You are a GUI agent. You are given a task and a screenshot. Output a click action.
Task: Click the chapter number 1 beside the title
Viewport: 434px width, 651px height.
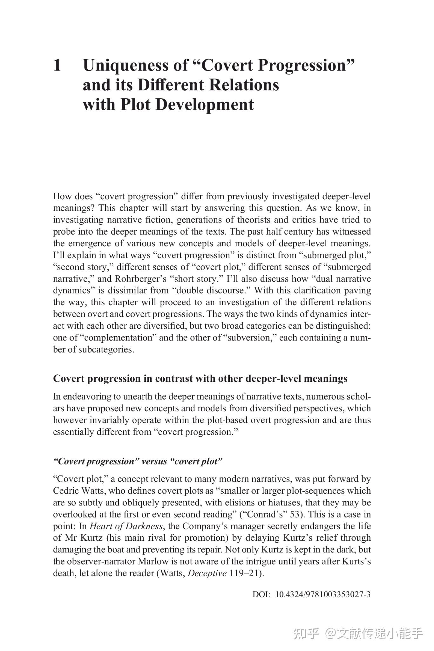(57, 65)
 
